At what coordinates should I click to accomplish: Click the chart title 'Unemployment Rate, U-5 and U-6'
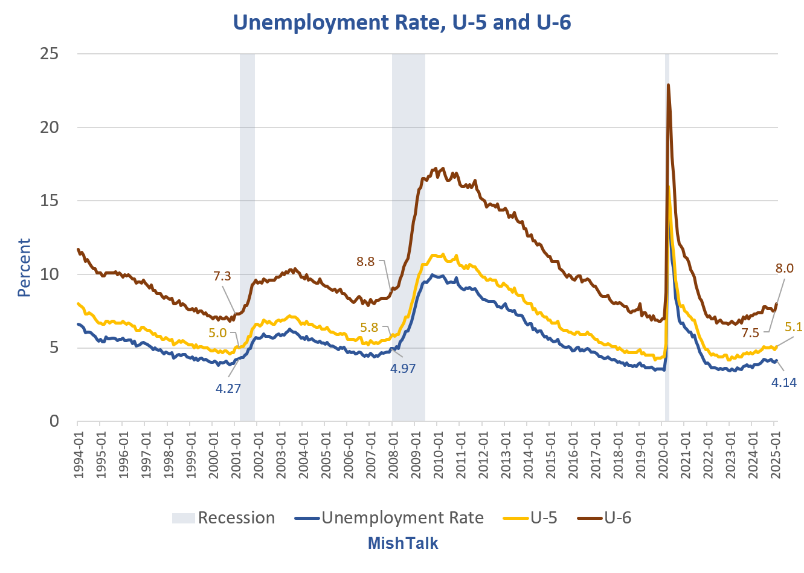tap(402, 22)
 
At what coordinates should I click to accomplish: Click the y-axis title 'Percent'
tap(24, 267)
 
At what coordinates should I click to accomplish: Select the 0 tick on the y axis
tap(54, 421)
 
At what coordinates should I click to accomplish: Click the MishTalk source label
tap(403, 543)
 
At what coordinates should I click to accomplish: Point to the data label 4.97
tap(403, 369)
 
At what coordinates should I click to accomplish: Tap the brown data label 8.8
tap(365, 262)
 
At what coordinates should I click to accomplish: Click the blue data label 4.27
tap(228, 389)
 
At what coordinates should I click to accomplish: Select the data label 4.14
tap(784, 382)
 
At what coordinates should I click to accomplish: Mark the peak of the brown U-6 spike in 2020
tap(668, 85)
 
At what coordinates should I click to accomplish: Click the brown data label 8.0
tap(784, 268)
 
